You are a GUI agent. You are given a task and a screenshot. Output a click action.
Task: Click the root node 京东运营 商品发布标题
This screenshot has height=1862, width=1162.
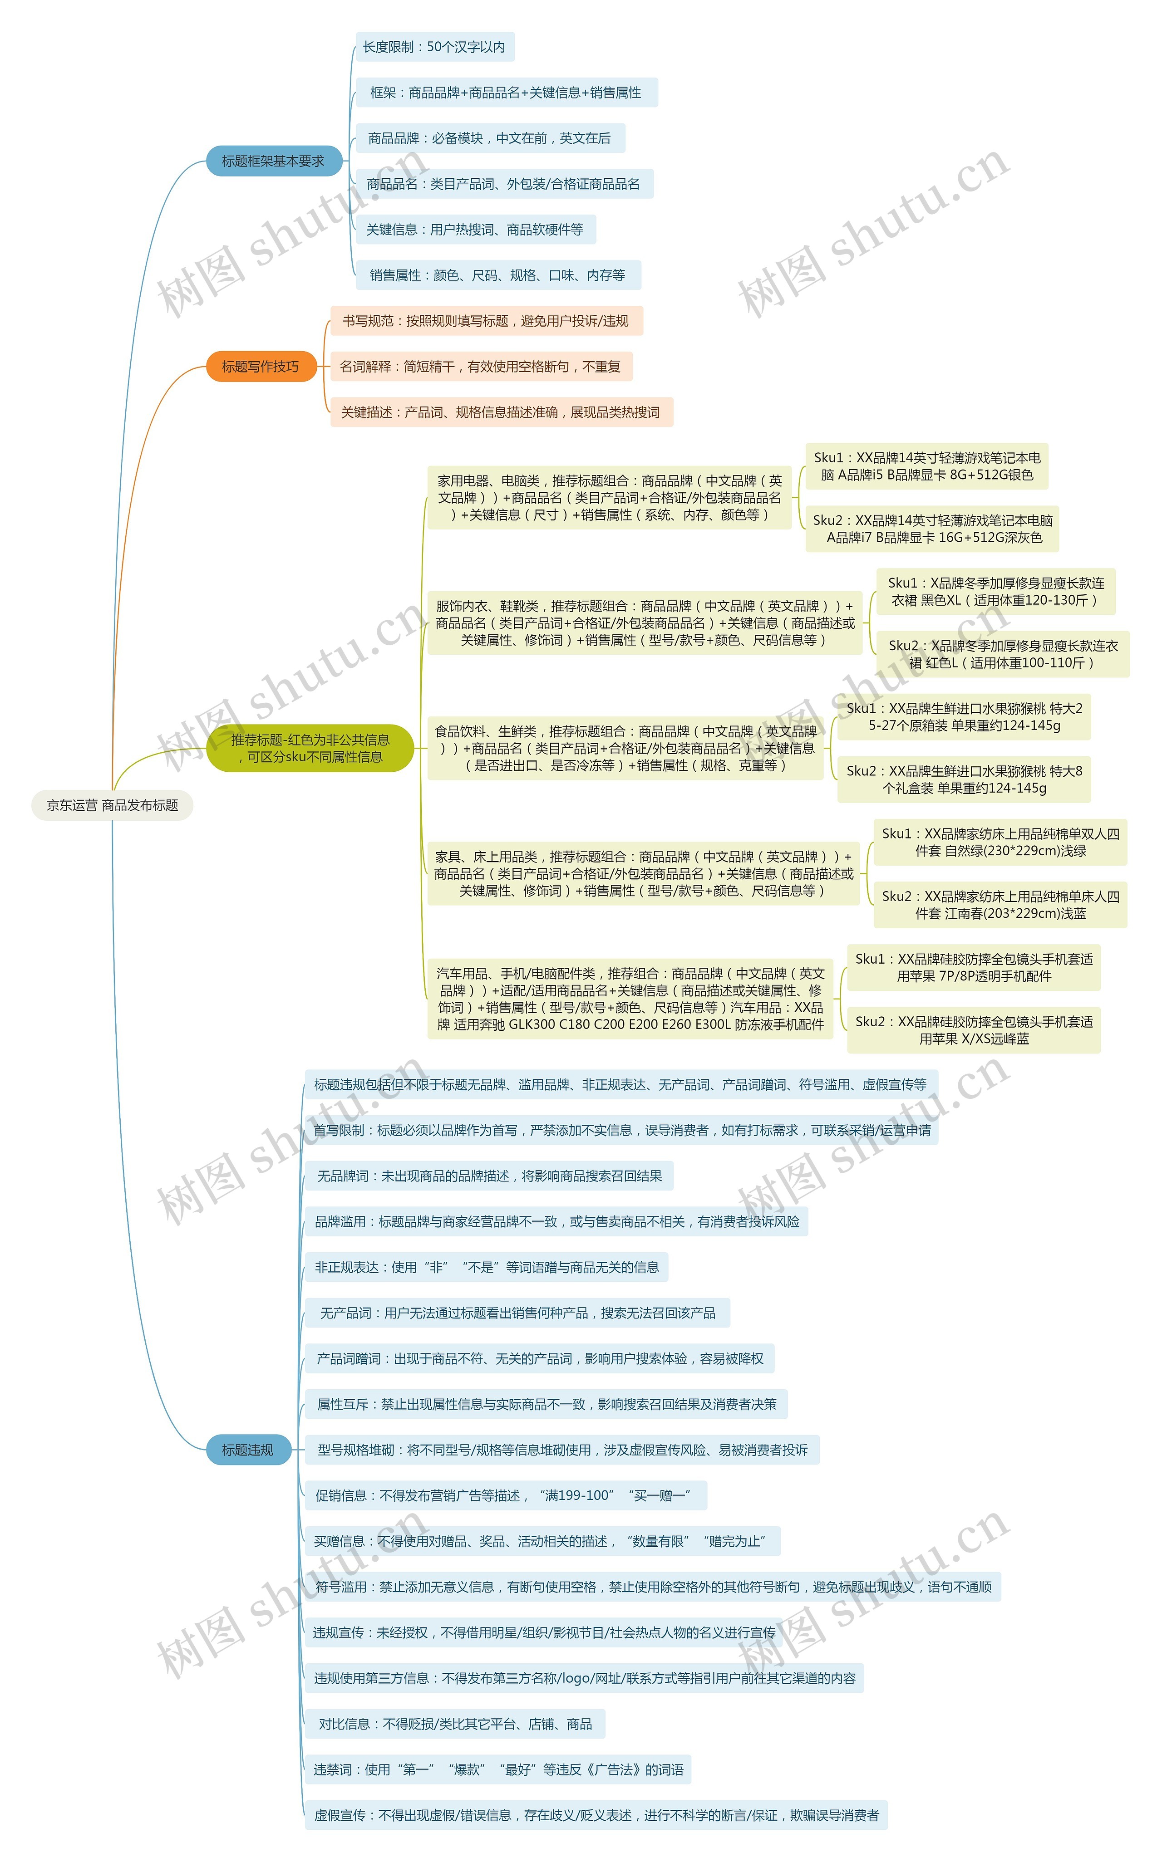coord(112,805)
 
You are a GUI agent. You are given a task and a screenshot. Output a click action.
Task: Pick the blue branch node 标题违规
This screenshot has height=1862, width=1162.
coord(247,1450)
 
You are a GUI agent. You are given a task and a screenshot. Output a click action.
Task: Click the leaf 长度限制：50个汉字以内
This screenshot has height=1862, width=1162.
coord(434,47)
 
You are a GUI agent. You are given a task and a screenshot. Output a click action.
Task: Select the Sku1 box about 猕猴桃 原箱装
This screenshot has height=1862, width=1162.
coord(964,717)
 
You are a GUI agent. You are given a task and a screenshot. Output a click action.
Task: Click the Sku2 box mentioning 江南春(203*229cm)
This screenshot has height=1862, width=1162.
coord(1000,905)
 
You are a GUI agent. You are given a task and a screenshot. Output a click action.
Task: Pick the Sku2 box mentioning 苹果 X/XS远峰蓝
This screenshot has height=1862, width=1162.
coord(974,1030)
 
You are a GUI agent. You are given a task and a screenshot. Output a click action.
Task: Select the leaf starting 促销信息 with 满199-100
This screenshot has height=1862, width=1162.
coord(506,1495)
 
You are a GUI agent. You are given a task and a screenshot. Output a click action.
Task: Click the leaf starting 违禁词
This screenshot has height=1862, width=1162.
coord(498,1769)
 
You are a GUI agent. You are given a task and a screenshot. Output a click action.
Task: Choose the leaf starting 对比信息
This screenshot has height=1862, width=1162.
coord(455,1724)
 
